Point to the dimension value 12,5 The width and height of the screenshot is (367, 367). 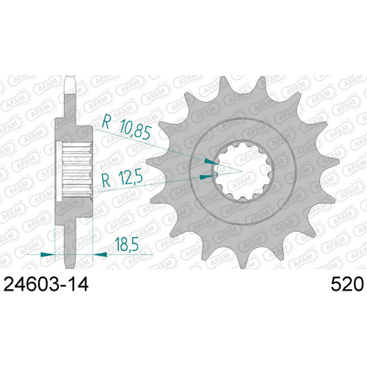tap(130, 178)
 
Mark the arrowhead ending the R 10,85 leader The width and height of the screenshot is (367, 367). tap(212, 159)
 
